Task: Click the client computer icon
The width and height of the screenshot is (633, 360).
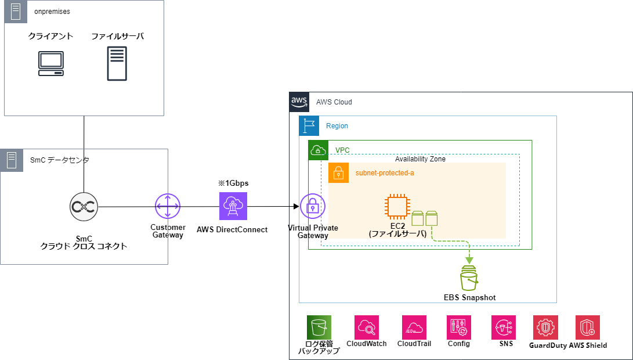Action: coord(51,63)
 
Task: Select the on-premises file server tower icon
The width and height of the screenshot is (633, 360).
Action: coord(117,63)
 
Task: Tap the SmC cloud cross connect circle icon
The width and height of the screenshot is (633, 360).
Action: coord(84,207)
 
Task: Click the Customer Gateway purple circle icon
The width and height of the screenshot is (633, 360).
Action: coord(168,206)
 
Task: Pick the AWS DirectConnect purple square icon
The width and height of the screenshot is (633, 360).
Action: coord(233,206)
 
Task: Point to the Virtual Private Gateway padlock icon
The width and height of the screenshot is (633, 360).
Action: coord(313,207)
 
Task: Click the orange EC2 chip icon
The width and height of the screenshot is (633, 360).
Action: coord(397,207)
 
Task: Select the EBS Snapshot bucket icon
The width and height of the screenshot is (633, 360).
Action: coord(469,278)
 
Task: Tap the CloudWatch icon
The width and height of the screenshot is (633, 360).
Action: coord(367,327)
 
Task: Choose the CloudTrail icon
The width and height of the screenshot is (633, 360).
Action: coord(414,327)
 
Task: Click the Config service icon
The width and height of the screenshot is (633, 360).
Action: coord(458,327)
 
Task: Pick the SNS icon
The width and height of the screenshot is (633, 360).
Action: coord(504,327)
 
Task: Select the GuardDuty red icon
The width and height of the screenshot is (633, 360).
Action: coord(546,327)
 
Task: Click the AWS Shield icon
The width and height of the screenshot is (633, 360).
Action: coord(588,327)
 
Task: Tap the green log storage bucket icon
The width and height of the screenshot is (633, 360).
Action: coord(319,327)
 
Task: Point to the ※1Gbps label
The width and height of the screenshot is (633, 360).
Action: coord(233,183)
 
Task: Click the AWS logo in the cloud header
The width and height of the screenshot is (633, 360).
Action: coord(299,102)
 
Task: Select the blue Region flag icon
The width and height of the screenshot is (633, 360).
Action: coord(309,125)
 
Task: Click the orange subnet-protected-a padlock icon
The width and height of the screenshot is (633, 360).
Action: coord(338,173)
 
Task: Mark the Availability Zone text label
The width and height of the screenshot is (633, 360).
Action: coord(420,159)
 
